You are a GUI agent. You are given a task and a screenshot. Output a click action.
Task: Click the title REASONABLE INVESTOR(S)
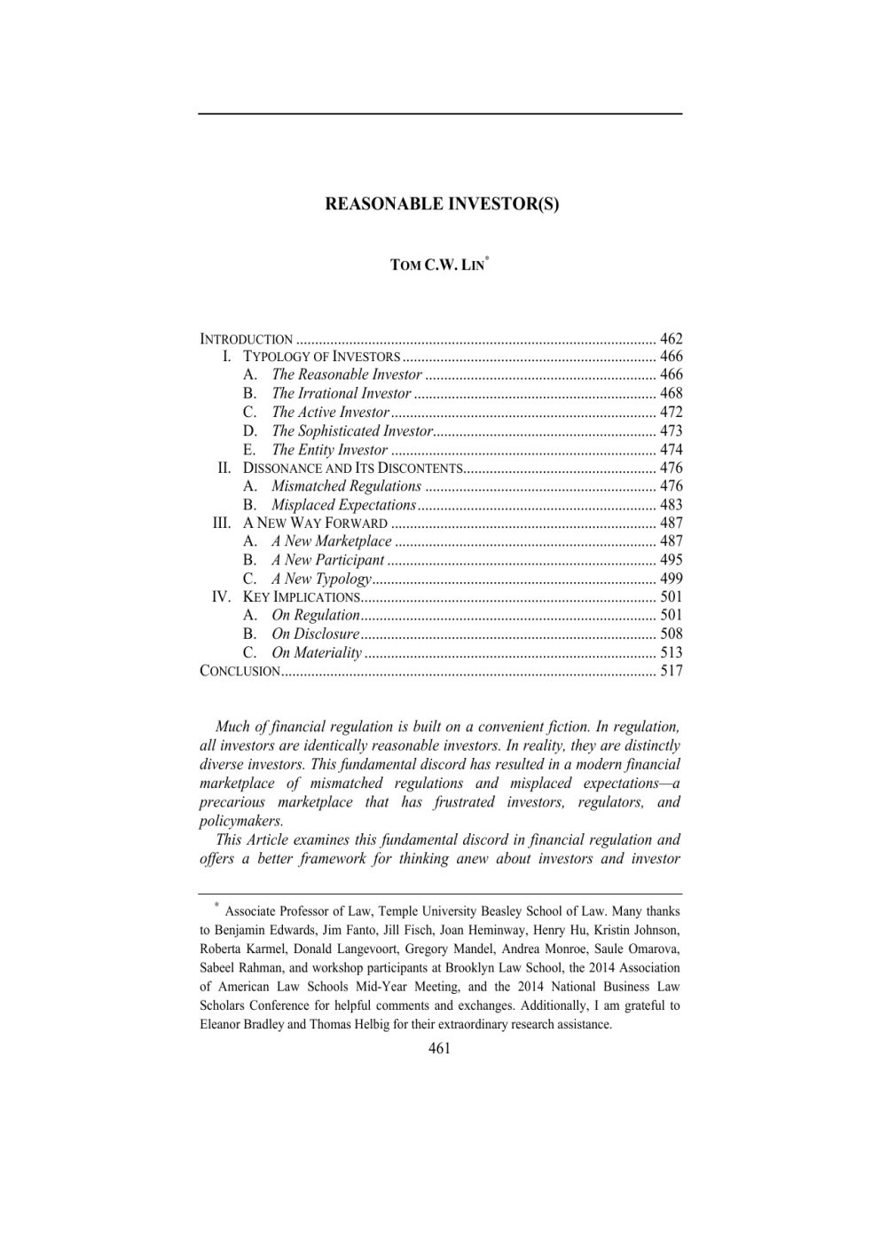point(442,204)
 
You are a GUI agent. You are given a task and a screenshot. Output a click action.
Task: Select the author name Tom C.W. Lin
point(438,265)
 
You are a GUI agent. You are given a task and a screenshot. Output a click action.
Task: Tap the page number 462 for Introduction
point(671,338)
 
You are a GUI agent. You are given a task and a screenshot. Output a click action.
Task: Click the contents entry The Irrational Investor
point(342,393)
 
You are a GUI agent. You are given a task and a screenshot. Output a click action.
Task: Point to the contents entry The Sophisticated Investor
point(352,431)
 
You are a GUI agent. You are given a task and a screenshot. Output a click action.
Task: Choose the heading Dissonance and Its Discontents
point(353,468)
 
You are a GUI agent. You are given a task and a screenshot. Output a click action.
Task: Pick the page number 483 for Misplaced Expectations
point(671,505)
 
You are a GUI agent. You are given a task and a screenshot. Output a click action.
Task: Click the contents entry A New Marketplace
point(332,541)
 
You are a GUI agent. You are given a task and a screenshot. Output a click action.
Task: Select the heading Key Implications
point(301,597)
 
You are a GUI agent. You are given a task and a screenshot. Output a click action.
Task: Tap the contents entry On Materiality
point(317,653)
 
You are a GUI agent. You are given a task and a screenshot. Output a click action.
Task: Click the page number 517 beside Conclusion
point(671,671)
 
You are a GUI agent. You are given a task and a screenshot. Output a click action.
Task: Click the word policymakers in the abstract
point(241,821)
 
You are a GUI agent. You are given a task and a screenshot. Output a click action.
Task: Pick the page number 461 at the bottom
point(439,1049)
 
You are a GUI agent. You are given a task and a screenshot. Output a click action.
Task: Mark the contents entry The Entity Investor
point(330,450)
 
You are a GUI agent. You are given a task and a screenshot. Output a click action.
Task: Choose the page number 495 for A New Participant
point(671,560)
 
